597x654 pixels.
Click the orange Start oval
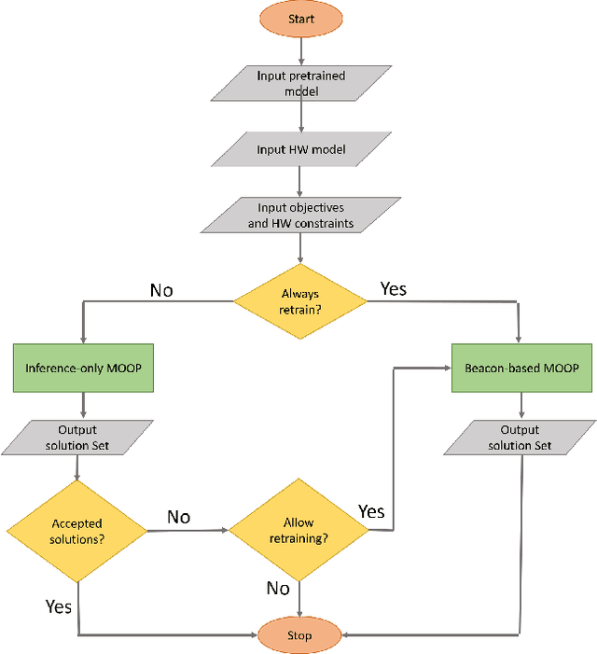(299, 19)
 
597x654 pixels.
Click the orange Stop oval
(299, 635)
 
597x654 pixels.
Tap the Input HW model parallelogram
(299, 149)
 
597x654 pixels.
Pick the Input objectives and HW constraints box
(299, 215)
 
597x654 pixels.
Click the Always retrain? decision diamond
(299, 300)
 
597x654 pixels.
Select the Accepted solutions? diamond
(76, 531)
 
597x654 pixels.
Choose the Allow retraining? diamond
(299, 531)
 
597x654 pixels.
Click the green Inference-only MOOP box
(83, 368)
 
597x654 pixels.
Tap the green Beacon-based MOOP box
(521, 368)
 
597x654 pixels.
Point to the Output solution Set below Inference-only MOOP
(77, 438)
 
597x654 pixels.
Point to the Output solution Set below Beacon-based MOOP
(521, 438)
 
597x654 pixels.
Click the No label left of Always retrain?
(161, 290)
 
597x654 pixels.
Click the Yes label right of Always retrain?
(393, 289)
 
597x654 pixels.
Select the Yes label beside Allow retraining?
(371, 511)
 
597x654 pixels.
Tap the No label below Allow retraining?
(278, 588)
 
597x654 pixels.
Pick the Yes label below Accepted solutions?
(58, 606)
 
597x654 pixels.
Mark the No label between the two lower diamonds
(179, 517)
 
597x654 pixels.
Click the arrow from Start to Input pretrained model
(299, 49)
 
